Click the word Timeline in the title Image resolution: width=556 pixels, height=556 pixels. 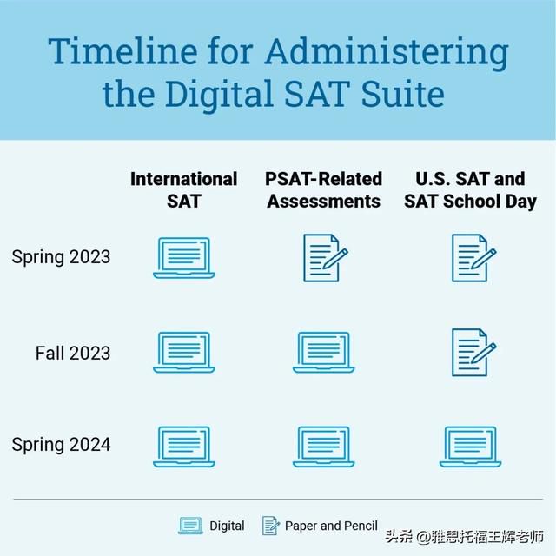coord(122,51)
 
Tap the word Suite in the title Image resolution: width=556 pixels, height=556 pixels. coord(402,94)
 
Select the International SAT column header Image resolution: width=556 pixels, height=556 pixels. coord(183,190)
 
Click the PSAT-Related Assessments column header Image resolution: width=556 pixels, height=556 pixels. coord(323,190)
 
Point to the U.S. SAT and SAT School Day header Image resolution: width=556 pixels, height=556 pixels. coord(470,190)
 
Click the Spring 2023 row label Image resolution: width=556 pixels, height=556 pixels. coord(61,257)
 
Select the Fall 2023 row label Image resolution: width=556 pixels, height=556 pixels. coord(73,353)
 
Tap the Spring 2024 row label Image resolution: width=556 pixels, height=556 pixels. coord(61,444)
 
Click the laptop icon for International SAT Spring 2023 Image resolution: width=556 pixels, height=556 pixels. coord(184,258)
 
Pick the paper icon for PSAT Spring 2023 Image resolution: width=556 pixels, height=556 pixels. coord(326,258)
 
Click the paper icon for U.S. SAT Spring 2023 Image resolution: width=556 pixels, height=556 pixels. coord(473,258)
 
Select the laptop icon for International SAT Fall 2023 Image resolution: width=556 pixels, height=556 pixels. coord(184,352)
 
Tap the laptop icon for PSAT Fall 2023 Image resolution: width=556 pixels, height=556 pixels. coord(323,352)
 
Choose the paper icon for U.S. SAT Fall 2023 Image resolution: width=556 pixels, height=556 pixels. coord(473,352)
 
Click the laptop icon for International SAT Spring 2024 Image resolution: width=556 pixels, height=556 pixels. coord(184,447)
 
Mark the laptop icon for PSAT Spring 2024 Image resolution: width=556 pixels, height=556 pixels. coord(323,447)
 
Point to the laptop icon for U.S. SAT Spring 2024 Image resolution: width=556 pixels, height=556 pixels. coord(470,447)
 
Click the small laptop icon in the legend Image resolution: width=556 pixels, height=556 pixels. coord(190,526)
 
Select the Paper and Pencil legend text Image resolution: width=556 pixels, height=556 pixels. coord(331,526)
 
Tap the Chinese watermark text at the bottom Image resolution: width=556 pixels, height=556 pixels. coord(465,537)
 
